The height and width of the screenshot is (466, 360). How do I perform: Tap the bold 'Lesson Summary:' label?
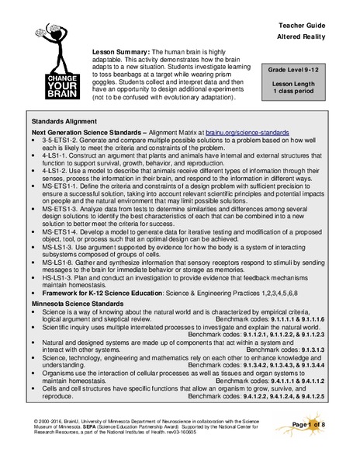(119, 48)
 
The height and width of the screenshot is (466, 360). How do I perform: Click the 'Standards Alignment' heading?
(65, 123)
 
